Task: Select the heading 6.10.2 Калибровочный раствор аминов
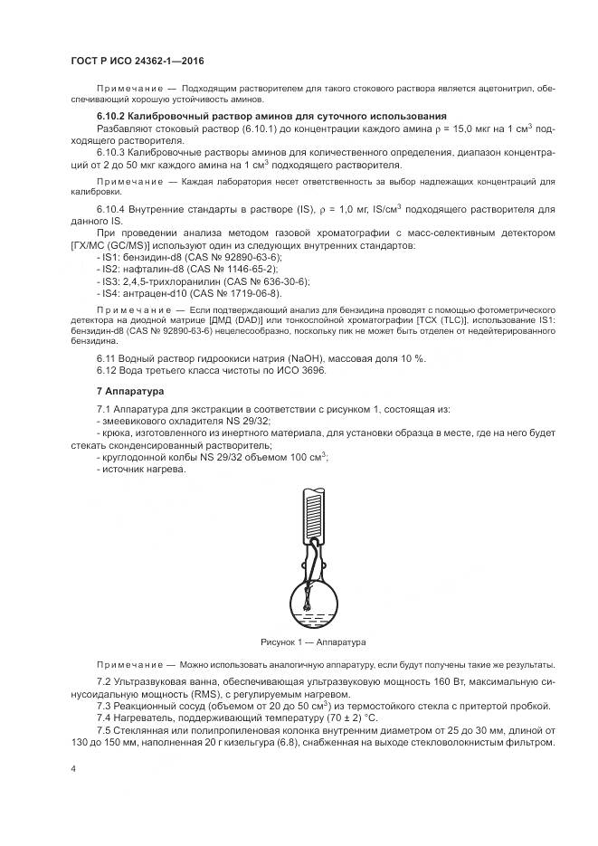[271, 117]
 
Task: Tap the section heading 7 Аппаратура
[128, 393]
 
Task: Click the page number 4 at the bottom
[73, 769]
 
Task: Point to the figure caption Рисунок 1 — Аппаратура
[312, 642]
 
